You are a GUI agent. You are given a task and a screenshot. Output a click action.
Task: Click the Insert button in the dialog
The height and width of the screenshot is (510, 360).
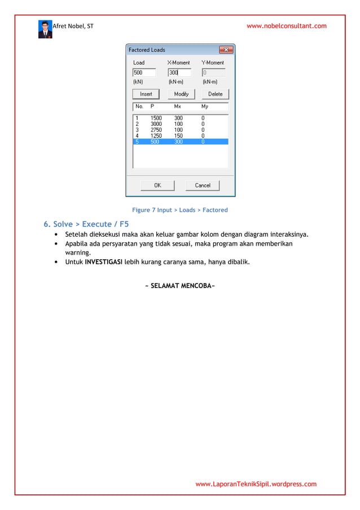(146, 94)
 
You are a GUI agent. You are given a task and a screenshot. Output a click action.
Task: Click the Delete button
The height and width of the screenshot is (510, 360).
(215, 94)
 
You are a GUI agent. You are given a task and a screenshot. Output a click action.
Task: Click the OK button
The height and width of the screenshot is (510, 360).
(157, 185)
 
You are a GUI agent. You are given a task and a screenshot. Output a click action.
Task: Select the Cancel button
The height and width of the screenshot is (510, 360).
(203, 185)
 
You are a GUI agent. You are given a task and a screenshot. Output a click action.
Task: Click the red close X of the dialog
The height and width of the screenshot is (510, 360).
(226, 50)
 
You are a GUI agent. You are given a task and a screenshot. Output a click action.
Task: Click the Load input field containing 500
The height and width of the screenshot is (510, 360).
(144, 72)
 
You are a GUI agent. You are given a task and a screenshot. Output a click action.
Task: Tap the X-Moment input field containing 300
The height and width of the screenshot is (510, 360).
(179, 72)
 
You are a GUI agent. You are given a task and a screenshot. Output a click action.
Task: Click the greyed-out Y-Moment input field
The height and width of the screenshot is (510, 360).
(213, 72)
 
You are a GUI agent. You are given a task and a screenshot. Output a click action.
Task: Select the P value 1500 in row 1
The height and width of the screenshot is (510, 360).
(156, 118)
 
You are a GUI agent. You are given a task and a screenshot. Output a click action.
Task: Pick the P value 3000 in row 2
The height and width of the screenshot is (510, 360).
(156, 124)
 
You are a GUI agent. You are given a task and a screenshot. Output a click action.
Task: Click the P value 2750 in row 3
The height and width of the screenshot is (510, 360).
(156, 130)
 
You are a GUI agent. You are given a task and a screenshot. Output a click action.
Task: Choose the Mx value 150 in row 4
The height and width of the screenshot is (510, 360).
(178, 136)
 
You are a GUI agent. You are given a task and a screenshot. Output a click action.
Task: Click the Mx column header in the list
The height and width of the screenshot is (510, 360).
(177, 106)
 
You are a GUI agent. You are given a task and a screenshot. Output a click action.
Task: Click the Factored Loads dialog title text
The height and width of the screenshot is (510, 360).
(147, 50)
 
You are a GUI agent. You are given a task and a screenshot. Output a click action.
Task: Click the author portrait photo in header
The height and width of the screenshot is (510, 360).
(45, 29)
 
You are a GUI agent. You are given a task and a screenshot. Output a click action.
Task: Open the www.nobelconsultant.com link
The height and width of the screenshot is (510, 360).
(287, 26)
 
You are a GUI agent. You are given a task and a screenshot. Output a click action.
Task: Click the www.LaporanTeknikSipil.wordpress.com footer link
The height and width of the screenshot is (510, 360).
(256, 484)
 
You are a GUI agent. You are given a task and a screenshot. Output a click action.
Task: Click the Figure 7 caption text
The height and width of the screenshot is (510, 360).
(179, 210)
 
